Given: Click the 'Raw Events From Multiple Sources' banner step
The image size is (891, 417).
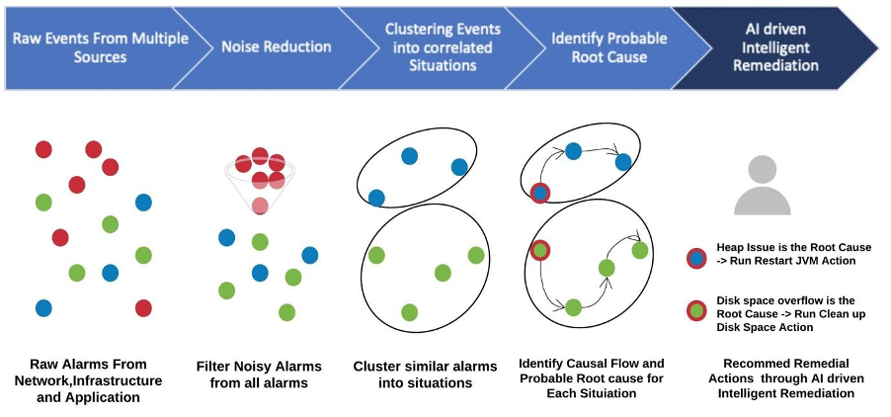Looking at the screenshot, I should point(84,46).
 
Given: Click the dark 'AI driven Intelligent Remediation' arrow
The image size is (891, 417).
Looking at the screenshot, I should point(780,46).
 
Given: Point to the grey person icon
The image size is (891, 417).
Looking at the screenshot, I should point(763,185).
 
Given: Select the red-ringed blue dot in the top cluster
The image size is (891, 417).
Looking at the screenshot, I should point(539,192).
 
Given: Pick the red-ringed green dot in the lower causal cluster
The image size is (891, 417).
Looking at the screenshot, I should point(539,251).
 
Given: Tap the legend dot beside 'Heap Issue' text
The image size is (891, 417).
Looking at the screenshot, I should point(697,259).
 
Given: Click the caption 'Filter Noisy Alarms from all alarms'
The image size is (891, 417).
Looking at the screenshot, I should point(260,374).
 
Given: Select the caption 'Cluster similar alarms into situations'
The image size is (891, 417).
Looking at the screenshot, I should point(425,374).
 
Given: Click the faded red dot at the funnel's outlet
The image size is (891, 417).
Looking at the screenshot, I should point(260,206).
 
